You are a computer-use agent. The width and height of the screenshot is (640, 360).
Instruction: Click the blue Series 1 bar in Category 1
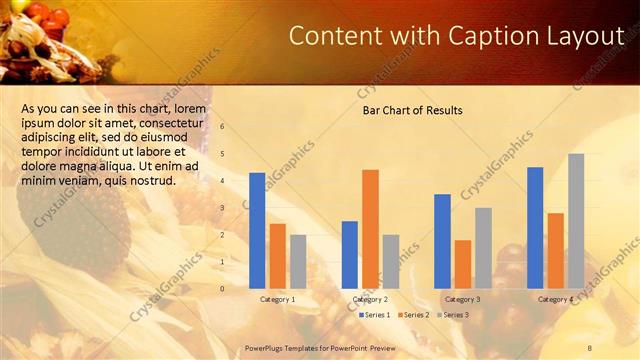[x=257, y=230]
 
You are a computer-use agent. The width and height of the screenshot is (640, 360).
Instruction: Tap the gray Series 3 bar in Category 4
[x=576, y=220]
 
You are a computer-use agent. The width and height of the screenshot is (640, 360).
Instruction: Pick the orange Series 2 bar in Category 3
[x=463, y=263]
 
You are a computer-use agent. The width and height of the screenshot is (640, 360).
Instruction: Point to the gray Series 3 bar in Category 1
[x=298, y=261]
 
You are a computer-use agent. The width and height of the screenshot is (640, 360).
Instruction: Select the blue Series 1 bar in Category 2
[x=350, y=254]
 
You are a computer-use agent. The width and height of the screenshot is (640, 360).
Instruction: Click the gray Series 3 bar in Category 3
[x=483, y=247]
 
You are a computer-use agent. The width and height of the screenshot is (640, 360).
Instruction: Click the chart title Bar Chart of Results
[x=412, y=110]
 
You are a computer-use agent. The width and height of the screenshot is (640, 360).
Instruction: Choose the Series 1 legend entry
[x=375, y=315]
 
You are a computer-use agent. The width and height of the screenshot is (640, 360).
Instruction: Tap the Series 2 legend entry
[x=414, y=315]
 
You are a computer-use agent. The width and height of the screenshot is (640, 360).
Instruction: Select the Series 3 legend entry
[x=452, y=315]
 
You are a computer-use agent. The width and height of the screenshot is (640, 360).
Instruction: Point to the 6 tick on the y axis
[x=223, y=127]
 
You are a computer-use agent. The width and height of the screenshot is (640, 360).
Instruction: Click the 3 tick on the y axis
[x=223, y=208]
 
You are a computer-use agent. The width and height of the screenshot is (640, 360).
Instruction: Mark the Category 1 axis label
[x=277, y=299]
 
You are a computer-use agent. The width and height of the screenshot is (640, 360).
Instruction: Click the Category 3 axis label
[x=462, y=299]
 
